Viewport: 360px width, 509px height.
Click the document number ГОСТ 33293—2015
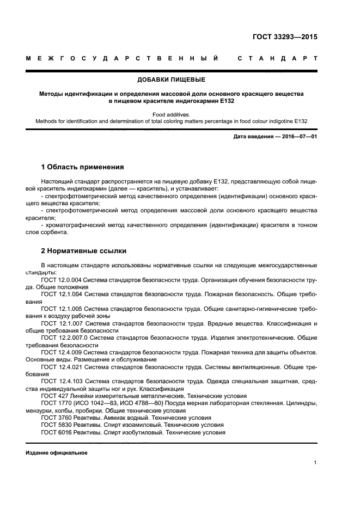click(285, 38)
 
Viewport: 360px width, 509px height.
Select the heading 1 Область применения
click(83, 167)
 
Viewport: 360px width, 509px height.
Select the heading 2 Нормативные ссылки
click(84, 251)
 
